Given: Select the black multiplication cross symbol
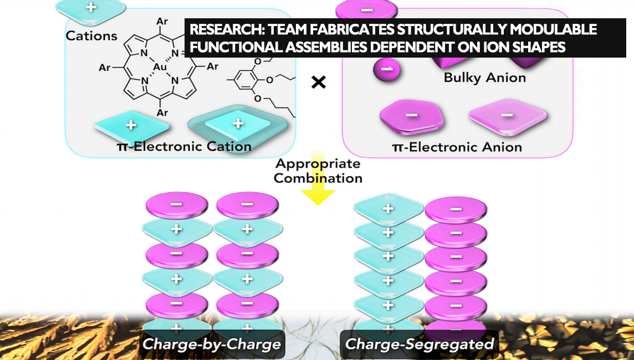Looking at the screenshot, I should tap(318, 83).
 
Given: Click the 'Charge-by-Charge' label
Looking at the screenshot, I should tap(211, 344).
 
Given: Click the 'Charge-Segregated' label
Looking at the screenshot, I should tap(419, 344).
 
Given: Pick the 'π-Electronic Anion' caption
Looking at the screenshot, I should tap(457, 147).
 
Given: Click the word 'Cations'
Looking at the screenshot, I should tap(91, 36).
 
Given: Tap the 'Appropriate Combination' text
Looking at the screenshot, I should tap(318, 171).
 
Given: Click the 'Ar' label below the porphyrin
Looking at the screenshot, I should tap(162, 112).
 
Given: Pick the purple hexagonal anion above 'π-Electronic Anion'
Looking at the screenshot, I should tap(412, 116).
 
